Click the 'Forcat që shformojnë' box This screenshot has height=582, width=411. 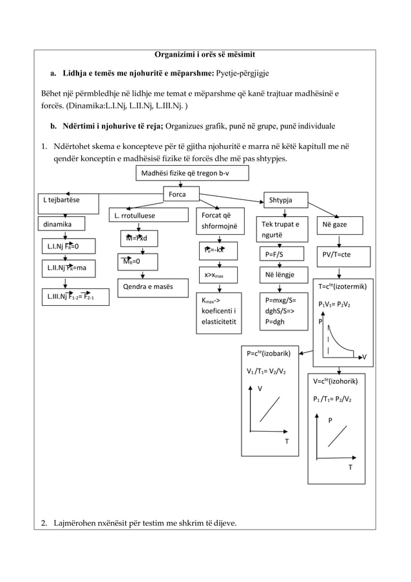point(220,221)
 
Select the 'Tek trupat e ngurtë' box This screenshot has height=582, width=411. point(280,229)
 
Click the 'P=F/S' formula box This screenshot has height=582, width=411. point(279,254)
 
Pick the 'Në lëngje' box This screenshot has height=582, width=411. point(279,276)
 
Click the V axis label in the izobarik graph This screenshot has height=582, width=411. point(260,388)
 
